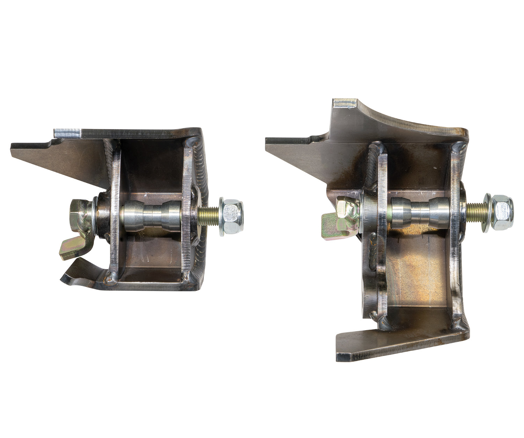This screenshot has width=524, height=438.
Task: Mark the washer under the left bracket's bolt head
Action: (94, 218)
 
